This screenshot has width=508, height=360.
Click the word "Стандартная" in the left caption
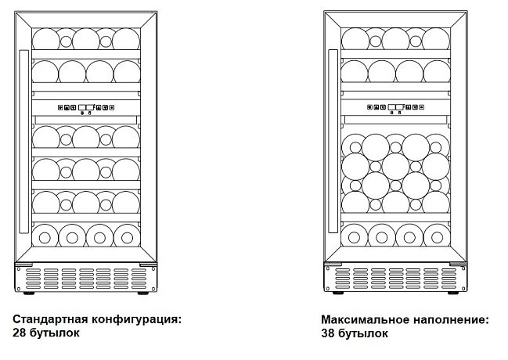pos(50,319)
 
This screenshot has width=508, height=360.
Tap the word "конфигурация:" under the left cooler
pos(136,319)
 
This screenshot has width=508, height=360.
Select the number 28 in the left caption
pos(19,333)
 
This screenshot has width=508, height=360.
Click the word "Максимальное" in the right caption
pos(365,320)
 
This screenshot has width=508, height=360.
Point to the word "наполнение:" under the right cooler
pos(451,320)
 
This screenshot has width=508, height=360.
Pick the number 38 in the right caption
pos(328,333)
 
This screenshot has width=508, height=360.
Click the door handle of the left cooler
pos(24,142)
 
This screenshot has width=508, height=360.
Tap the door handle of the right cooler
pos(333,141)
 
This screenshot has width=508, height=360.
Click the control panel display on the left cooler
pos(86,107)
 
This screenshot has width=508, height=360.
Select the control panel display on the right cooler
pos(395,107)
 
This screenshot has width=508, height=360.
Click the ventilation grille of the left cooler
pos(85,279)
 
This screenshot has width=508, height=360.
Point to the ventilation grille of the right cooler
pos(395,279)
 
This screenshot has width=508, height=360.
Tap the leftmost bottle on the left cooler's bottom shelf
pos(45,236)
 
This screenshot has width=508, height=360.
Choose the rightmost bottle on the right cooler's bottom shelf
pos(437,236)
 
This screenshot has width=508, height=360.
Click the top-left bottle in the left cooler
pos(46,39)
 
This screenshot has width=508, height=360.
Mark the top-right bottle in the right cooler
pos(436,39)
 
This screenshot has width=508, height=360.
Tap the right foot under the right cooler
pos(452,293)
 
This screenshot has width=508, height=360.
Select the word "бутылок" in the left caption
pos(55,333)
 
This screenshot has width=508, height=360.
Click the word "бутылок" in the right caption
pos(363,333)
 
